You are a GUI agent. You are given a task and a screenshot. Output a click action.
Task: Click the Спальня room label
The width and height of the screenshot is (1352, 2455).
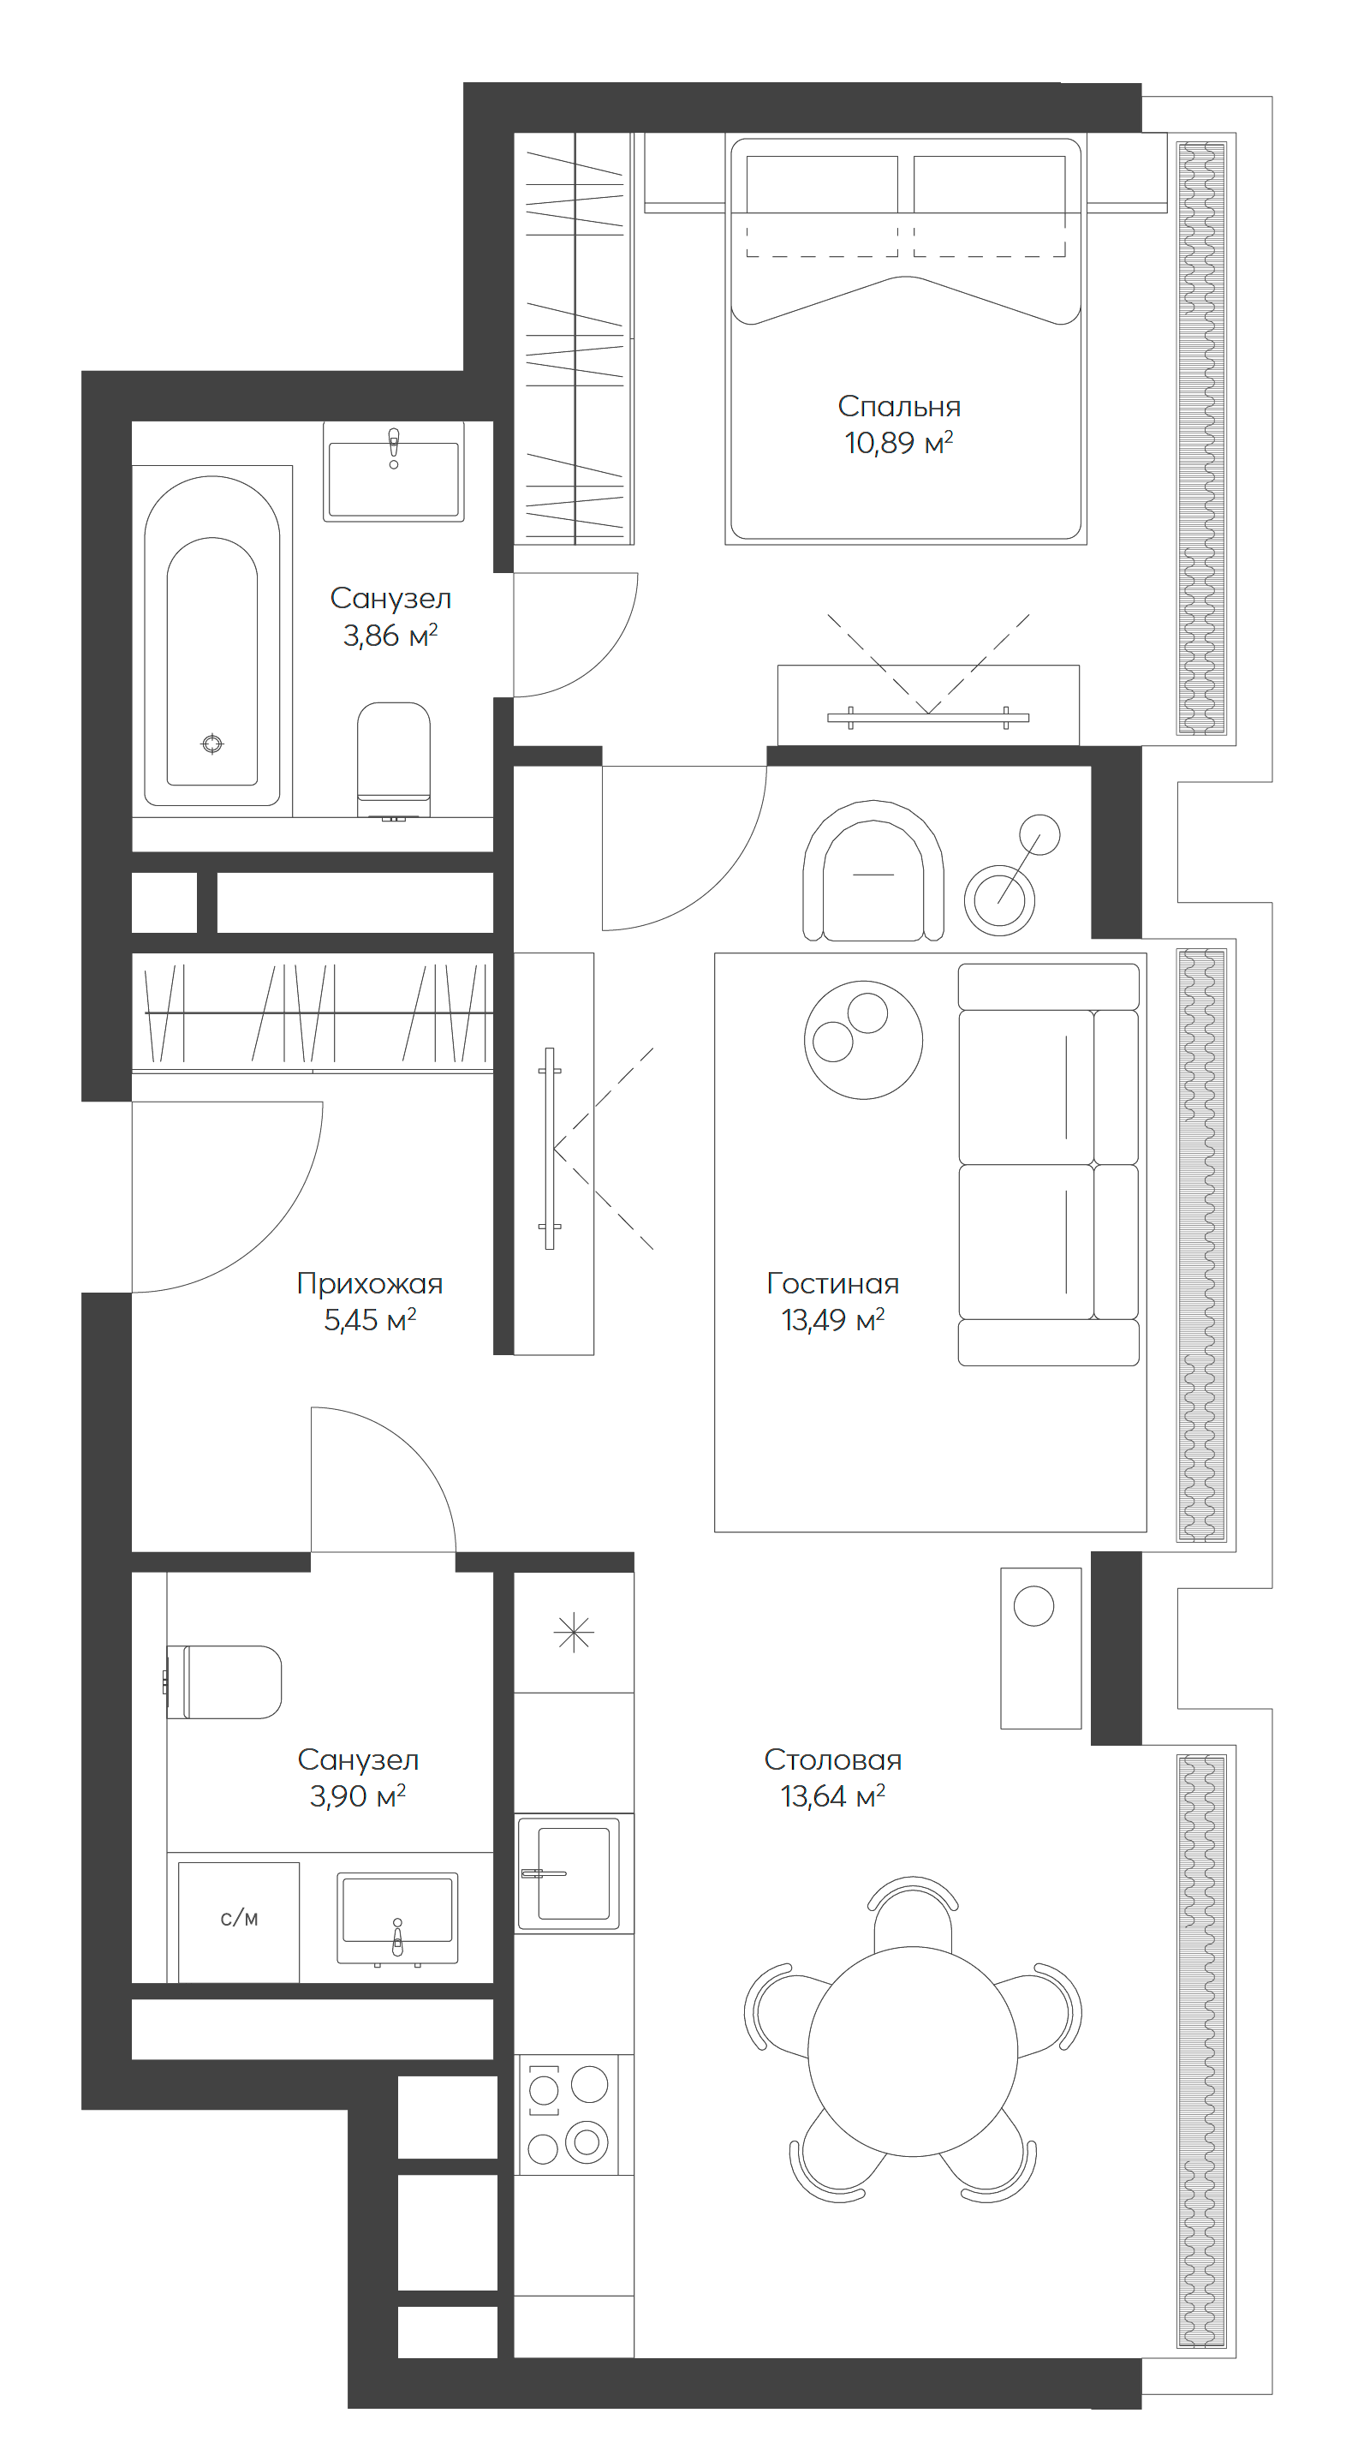(x=898, y=406)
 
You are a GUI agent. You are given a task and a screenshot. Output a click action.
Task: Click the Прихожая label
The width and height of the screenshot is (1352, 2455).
(x=370, y=1283)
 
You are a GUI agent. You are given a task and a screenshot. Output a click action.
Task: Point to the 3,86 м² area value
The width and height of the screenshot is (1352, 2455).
(x=390, y=635)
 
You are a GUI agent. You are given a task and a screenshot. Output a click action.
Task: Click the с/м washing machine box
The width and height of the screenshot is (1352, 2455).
(x=238, y=1919)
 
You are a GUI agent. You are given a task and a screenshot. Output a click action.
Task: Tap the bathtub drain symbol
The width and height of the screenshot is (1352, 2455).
(x=212, y=744)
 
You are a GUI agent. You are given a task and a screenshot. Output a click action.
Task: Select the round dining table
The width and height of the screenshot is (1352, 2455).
(x=912, y=2051)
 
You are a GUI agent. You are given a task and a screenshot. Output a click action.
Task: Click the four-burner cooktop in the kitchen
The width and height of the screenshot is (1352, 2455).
(x=568, y=2115)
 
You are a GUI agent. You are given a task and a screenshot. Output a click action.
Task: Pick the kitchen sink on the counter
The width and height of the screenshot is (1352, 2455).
(x=572, y=1873)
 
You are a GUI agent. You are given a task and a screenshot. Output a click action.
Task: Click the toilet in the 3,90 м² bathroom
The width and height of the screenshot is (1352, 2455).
(x=227, y=1682)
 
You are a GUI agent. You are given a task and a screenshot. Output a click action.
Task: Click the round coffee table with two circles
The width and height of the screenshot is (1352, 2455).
(x=863, y=1040)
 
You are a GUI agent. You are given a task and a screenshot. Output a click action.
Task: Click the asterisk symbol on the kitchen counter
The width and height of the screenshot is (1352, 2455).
(x=574, y=1632)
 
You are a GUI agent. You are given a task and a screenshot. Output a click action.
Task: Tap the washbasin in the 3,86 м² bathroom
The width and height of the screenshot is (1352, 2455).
(x=394, y=474)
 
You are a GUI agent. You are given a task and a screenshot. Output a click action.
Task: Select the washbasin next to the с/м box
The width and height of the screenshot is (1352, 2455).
(x=397, y=1916)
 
